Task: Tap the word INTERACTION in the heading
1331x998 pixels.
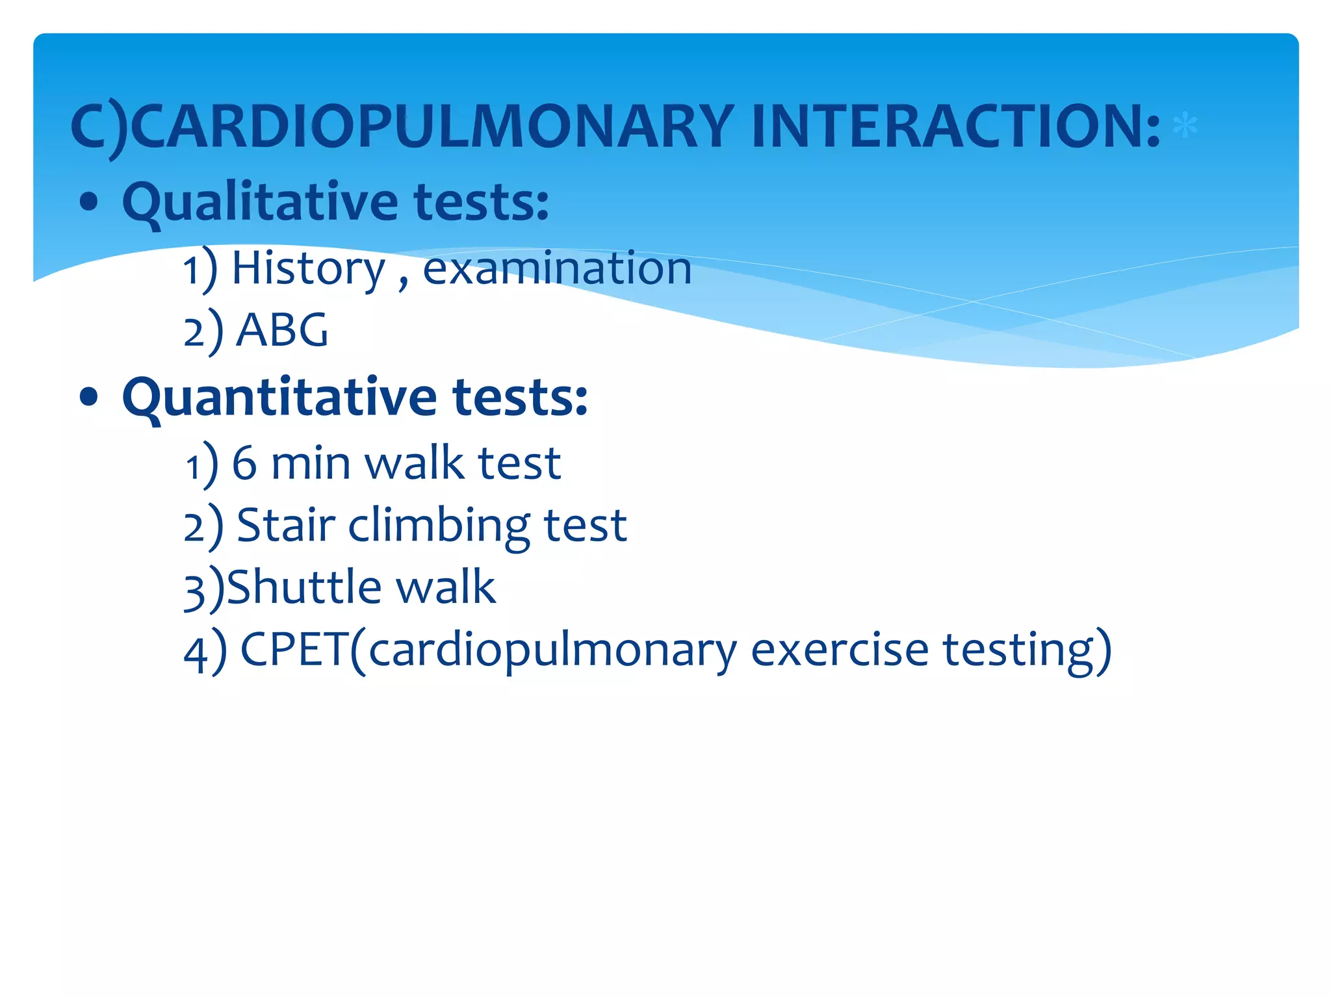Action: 955,126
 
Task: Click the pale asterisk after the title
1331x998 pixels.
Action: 1185,125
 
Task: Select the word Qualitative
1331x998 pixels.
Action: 260,202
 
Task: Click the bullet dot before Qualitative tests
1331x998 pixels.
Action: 88,203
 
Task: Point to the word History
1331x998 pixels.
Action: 309,268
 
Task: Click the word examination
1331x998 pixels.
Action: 557,268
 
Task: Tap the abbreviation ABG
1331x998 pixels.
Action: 282,330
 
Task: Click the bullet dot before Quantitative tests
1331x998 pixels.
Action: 88,398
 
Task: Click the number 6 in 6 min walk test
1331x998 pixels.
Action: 244,463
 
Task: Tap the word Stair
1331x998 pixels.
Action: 286,525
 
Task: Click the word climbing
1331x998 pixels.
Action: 439,525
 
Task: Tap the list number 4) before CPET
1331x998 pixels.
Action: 204,652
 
